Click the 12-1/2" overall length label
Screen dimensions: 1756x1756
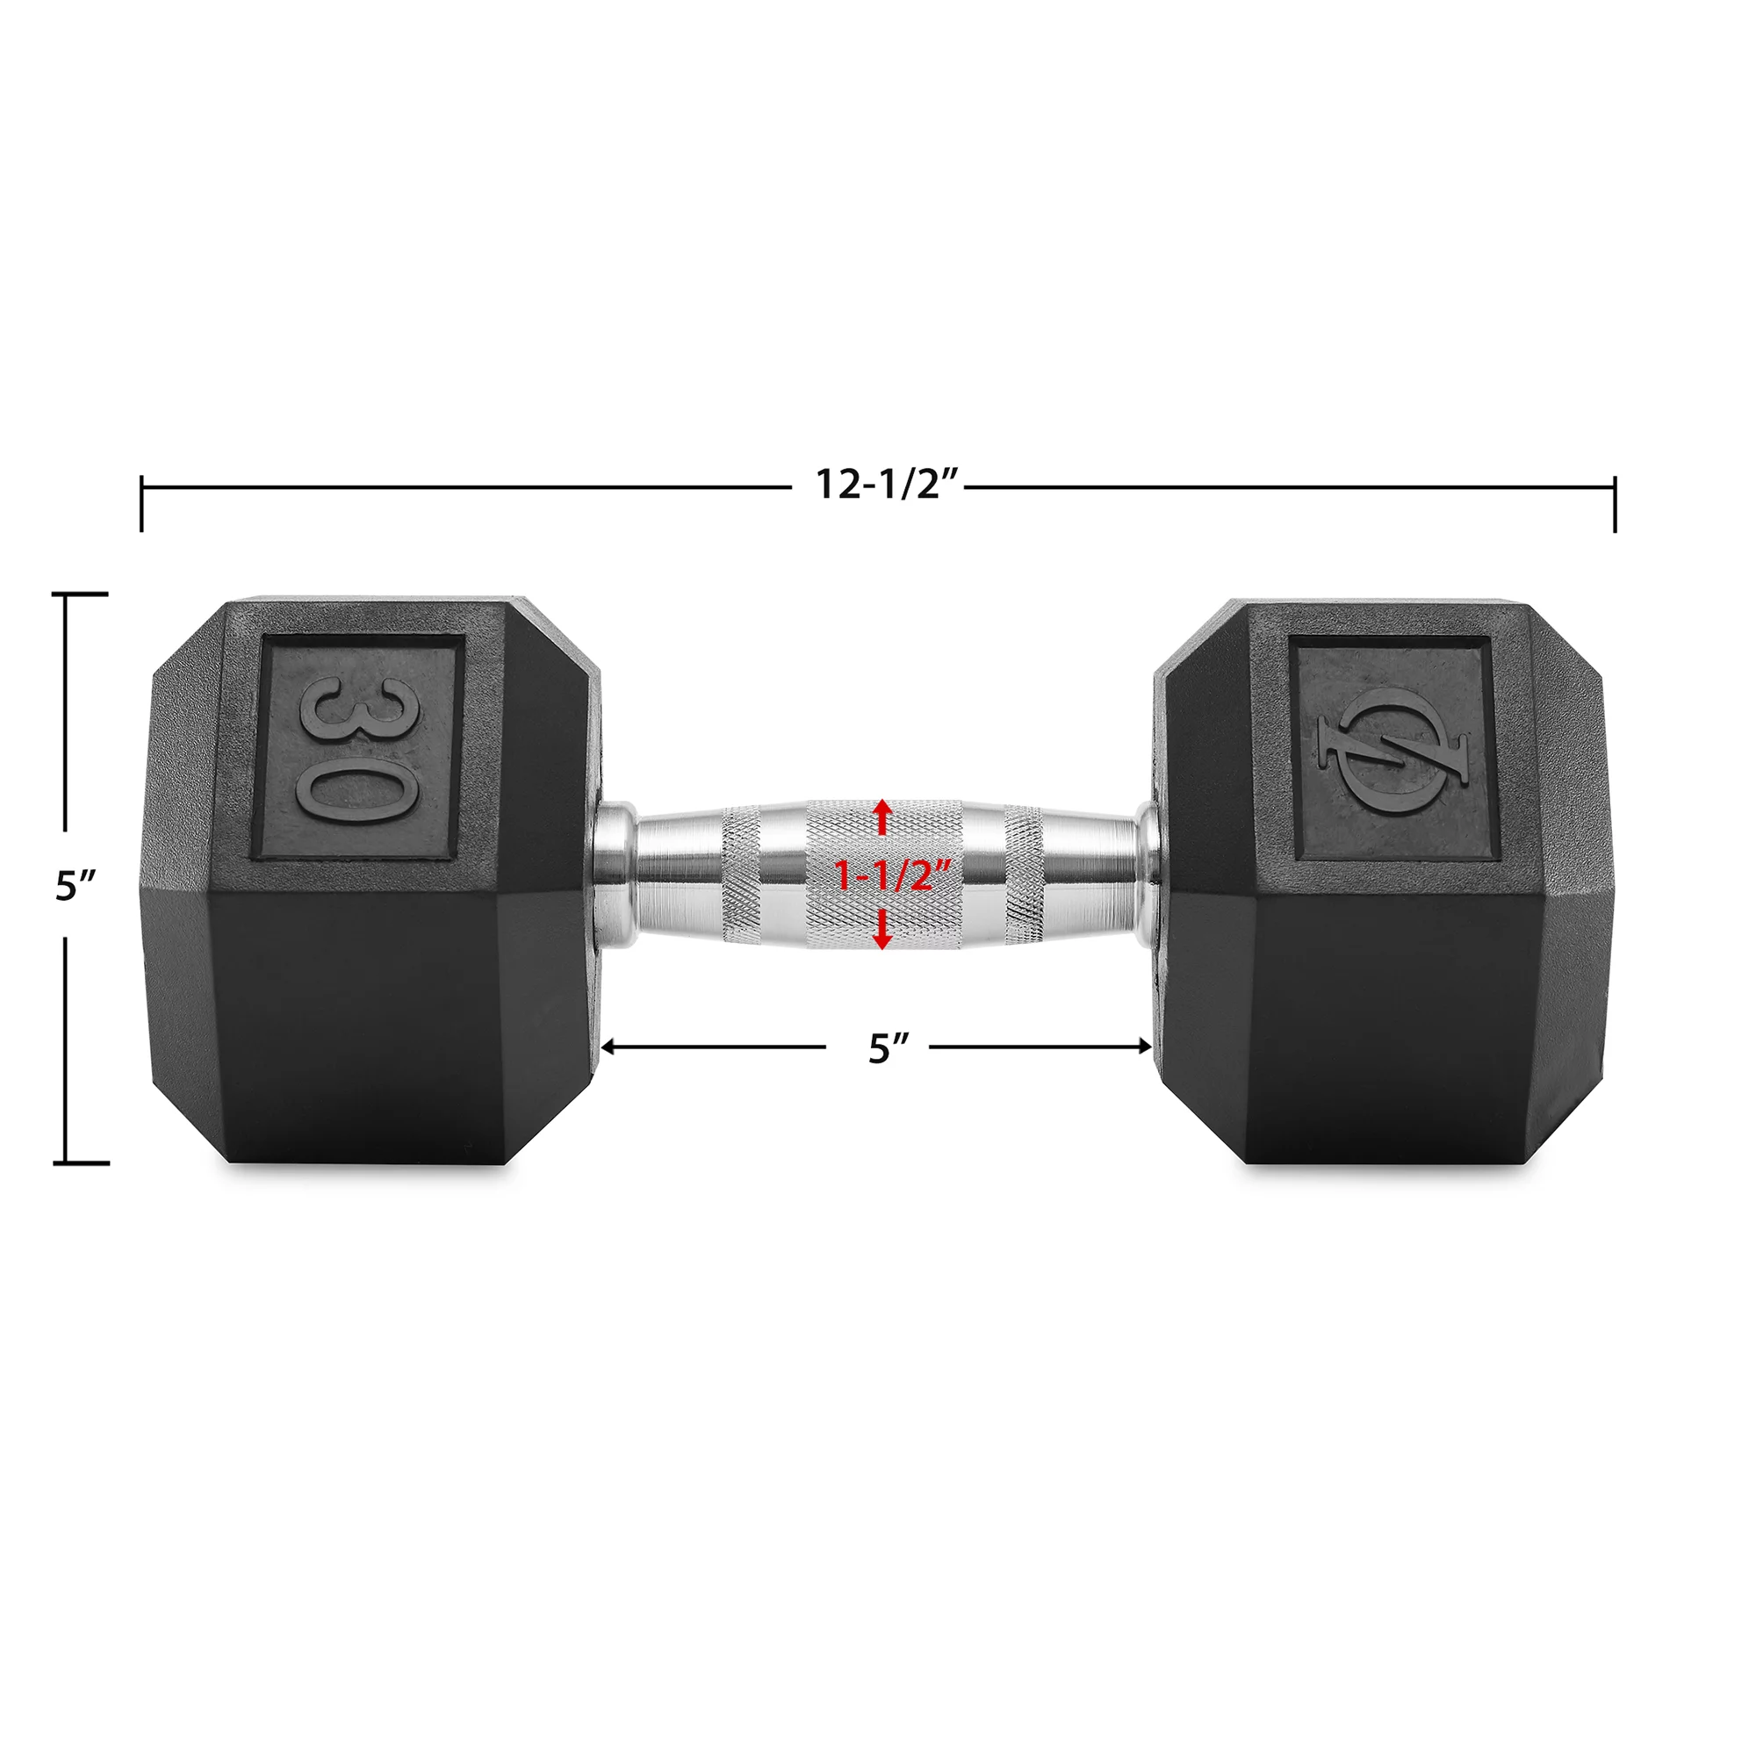pyautogui.click(x=886, y=485)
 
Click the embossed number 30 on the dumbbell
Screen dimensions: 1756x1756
pyautogui.click(x=357, y=750)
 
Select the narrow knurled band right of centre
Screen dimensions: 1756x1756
pyautogui.click(x=1025, y=875)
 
